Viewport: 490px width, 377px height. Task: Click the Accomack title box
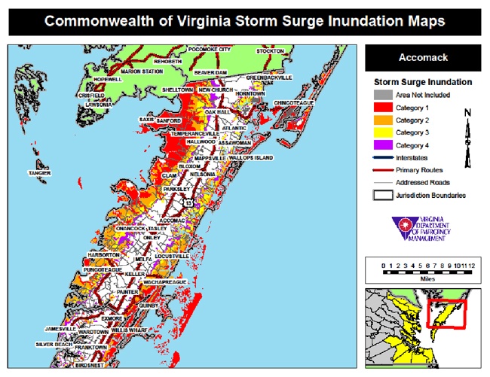422,57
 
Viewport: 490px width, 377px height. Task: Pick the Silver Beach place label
54,345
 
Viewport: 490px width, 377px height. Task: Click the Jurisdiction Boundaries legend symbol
380,196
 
